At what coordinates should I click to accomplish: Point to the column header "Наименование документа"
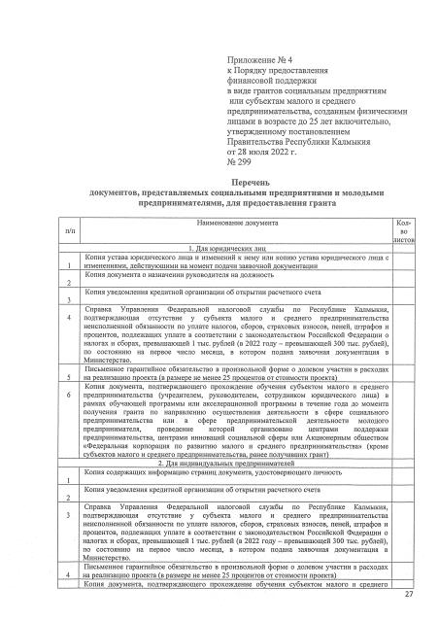tap(224, 223)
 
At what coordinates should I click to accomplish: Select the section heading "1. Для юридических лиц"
tap(223, 248)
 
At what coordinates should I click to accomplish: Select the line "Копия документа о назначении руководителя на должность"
tap(171, 274)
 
